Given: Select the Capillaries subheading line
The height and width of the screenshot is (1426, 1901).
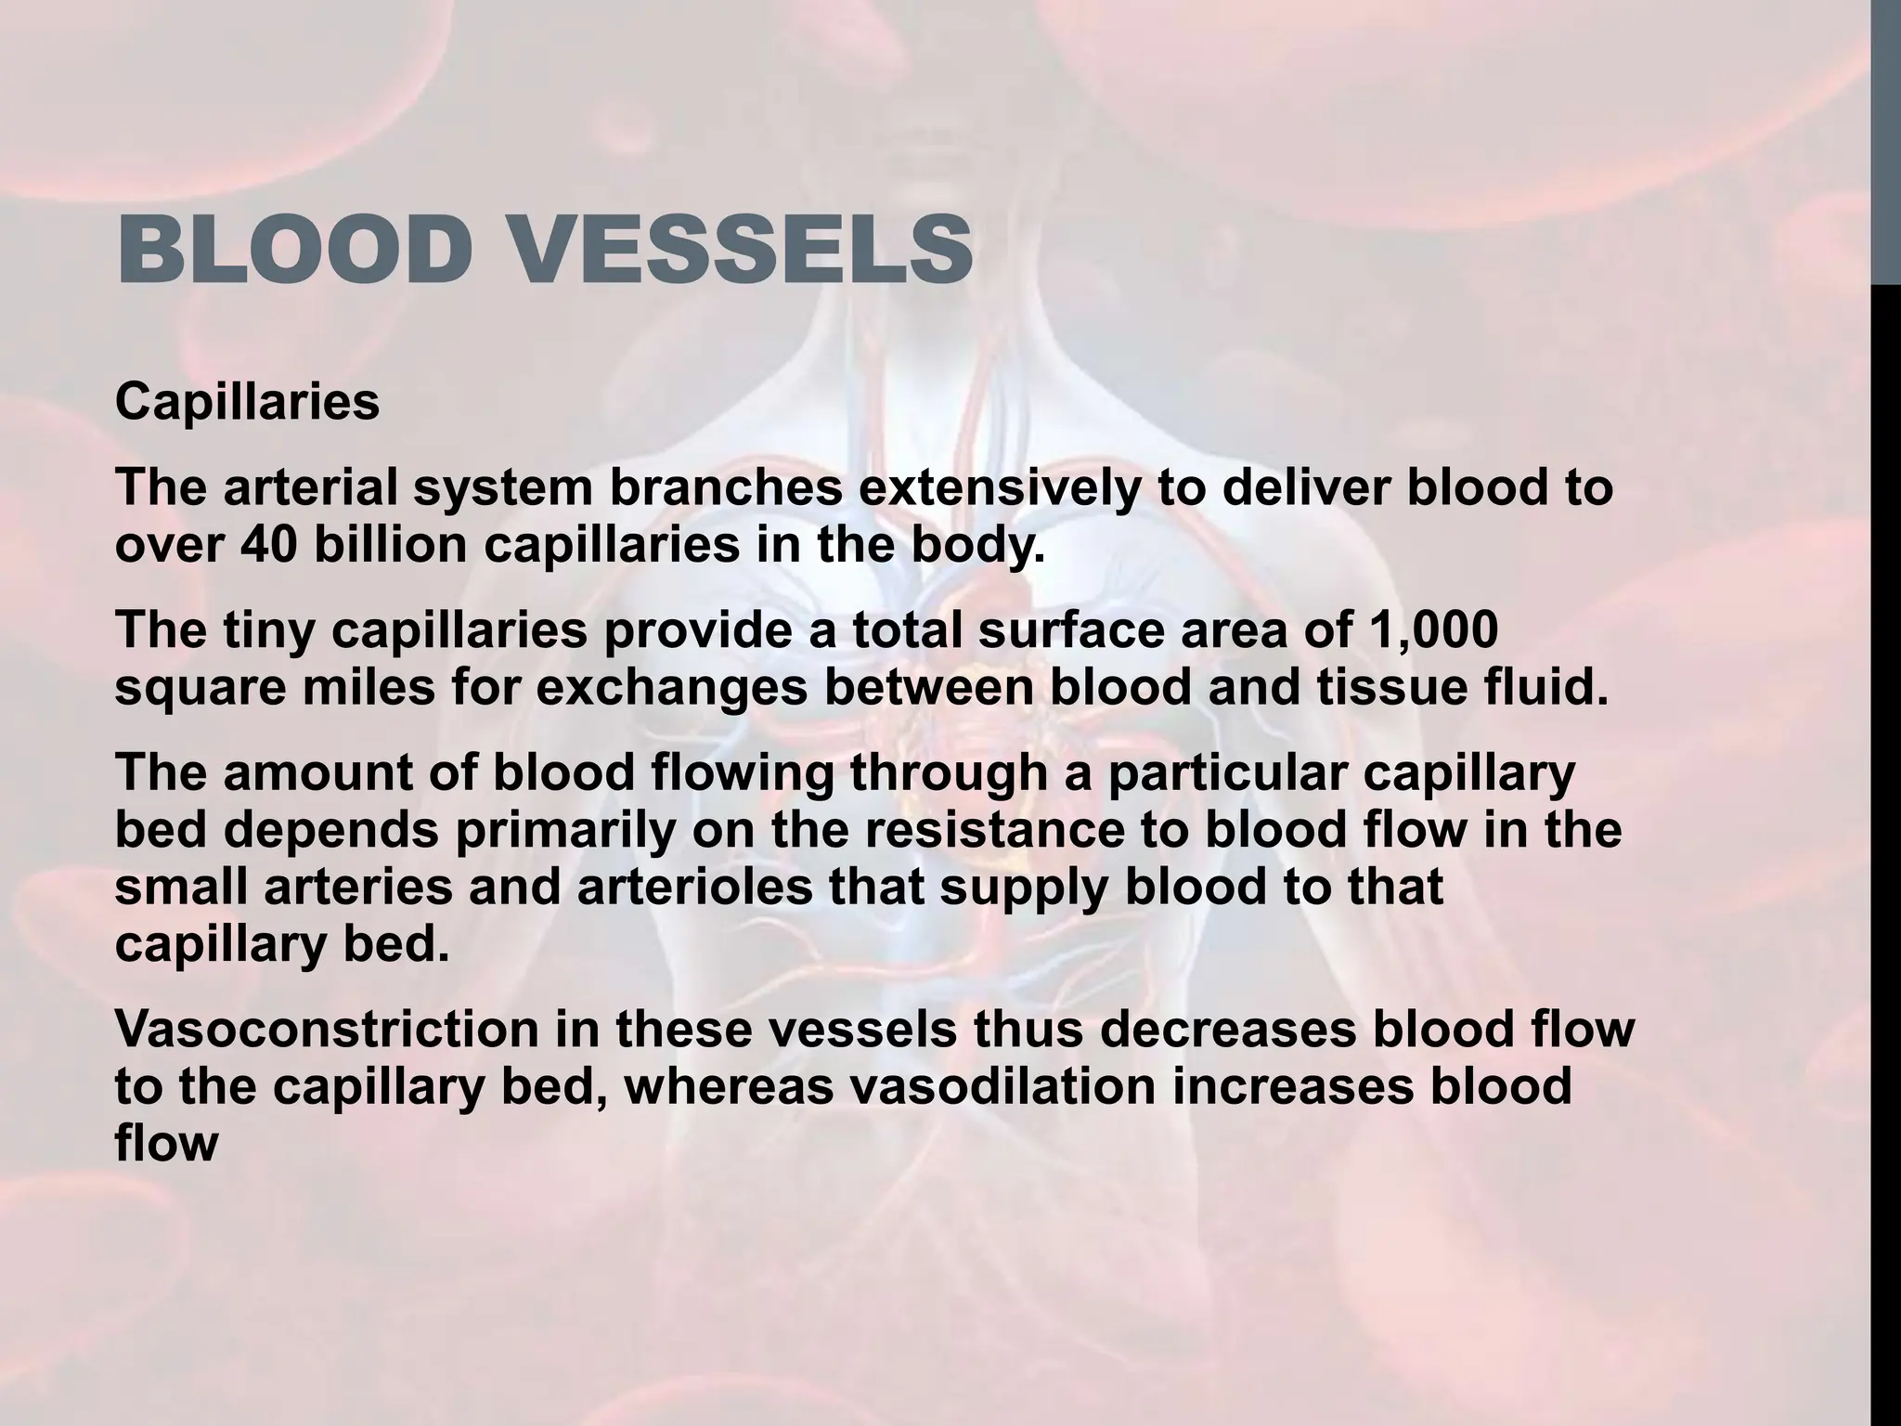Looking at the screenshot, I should [x=247, y=402].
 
